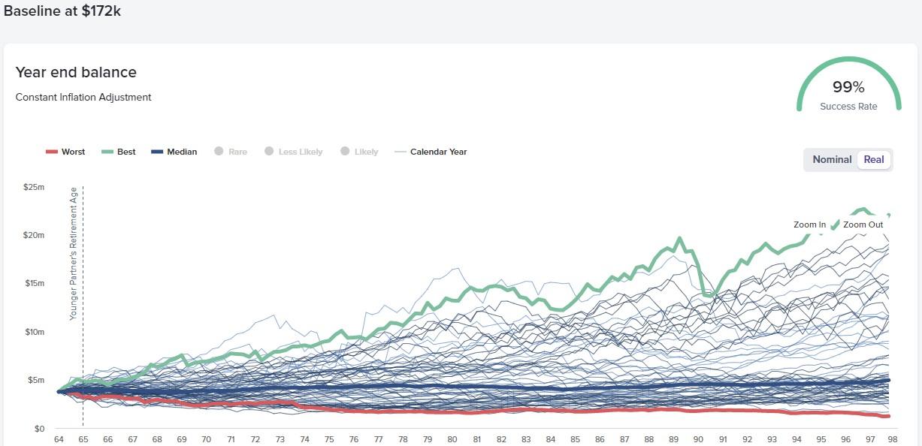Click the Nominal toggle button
coord(832,159)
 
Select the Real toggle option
coord(874,159)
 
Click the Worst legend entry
coord(65,152)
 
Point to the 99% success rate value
coord(848,87)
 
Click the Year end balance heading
coord(76,73)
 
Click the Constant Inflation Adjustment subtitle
coord(83,97)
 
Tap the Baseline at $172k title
coord(62,11)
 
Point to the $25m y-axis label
coord(34,186)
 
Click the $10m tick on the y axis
coord(34,332)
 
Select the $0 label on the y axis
coord(39,429)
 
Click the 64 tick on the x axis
coord(59,439)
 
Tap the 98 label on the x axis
coord(892,439)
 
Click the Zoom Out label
coord(863,225)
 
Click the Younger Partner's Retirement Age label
coord(74,254)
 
